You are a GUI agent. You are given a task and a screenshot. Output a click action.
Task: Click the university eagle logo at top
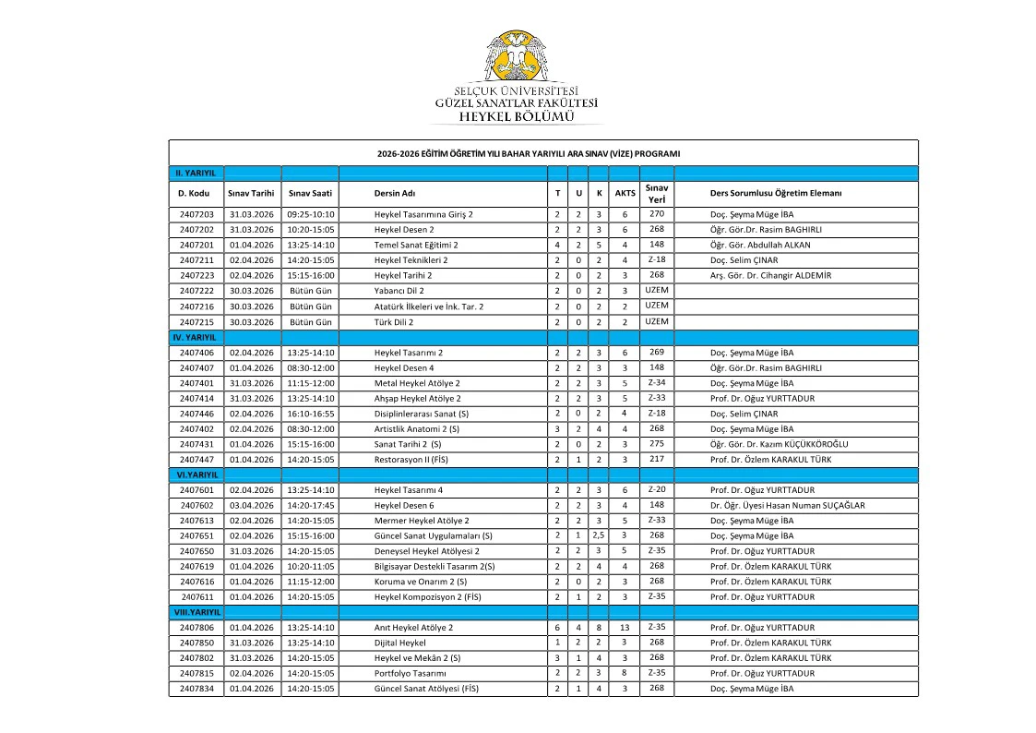[517, 57]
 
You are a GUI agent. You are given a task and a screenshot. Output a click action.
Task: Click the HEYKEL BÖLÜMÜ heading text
[517, 116]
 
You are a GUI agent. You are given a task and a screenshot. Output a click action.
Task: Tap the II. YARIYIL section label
[196, 173]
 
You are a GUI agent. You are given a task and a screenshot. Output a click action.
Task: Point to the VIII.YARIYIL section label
[196, 612]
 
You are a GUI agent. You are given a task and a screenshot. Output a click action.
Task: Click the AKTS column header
[625, 193]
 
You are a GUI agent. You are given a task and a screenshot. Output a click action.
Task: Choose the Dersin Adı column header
[395, 193]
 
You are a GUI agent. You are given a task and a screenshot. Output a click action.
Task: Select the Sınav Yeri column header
[656, 193]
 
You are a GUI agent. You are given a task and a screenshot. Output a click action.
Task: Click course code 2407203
[196, 214]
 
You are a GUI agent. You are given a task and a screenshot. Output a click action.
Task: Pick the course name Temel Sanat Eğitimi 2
[416, 245]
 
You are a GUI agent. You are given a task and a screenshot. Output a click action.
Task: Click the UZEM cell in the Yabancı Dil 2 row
[656, 290]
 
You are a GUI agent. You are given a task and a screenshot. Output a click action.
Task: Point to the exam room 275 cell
[656, 443]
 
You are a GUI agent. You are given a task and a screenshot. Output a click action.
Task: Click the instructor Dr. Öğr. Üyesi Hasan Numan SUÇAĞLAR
[787, 505]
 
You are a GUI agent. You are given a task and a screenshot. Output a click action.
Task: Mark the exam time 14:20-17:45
[310, 505]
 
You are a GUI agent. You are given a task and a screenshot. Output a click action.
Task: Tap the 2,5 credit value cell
[599, 535]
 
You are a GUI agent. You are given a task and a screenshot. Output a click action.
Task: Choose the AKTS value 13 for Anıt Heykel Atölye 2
[625, 628]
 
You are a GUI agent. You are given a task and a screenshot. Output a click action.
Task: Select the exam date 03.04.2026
[252, 505]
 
